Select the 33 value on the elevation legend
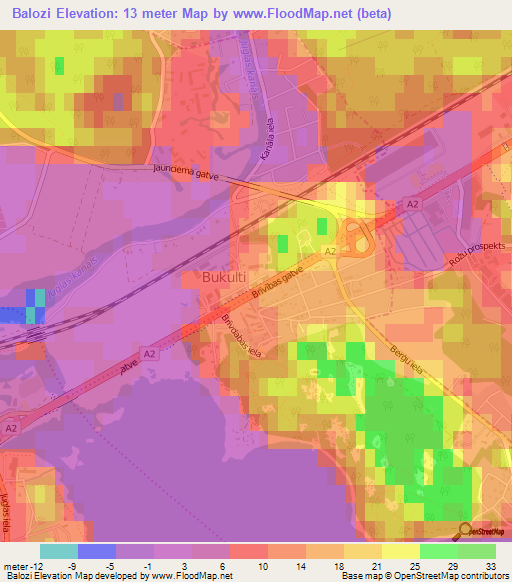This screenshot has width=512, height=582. tap(489, 565)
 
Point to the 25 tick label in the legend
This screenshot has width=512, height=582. tap(413, 565)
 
